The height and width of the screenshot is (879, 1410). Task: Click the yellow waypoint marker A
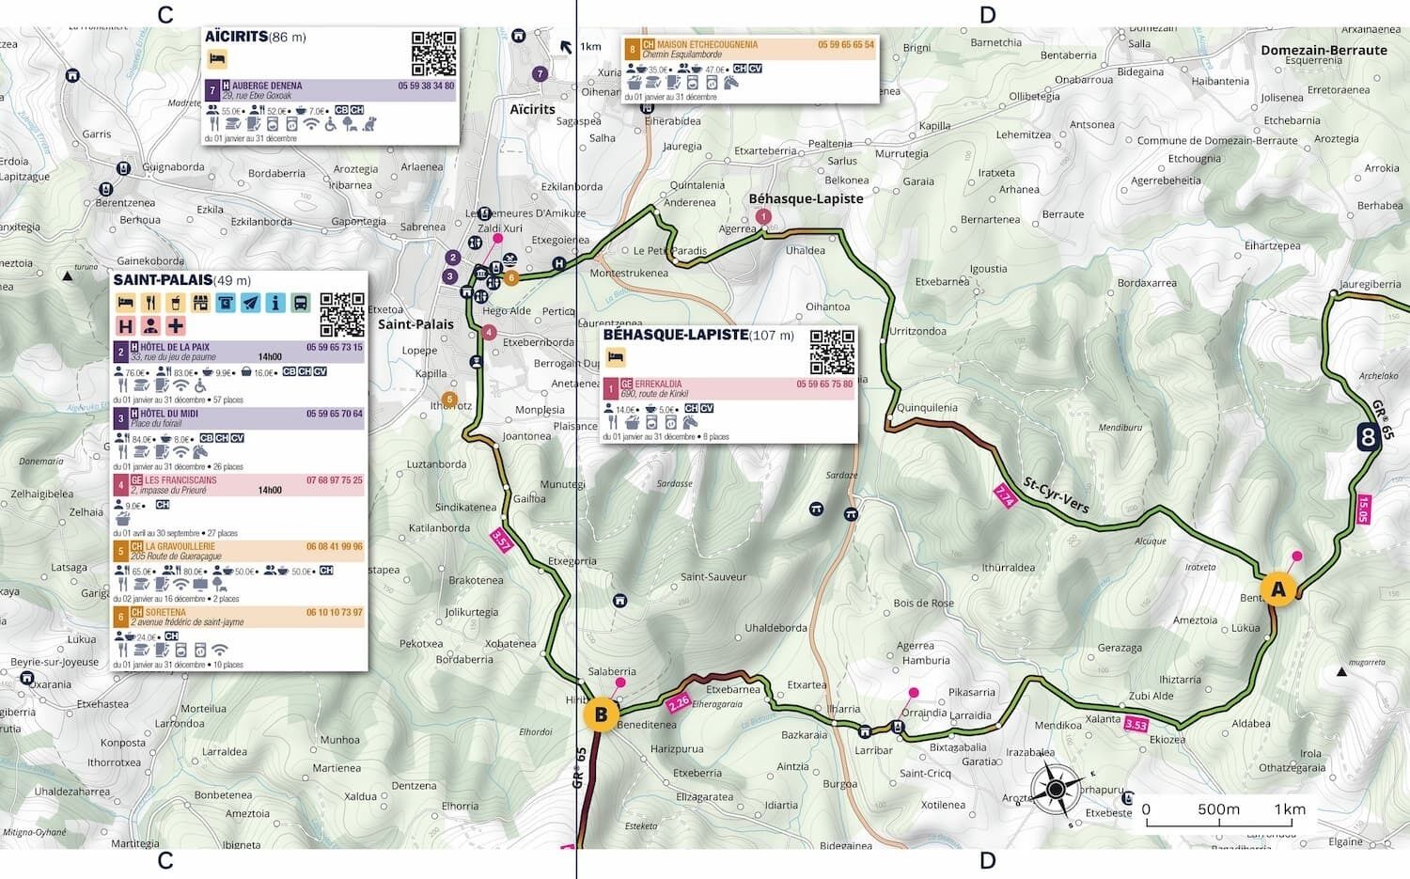click(x=1277, y=589)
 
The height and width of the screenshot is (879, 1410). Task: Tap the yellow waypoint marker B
click(x=601, y=714)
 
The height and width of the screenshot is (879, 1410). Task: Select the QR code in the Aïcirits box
click(x=433, y=54)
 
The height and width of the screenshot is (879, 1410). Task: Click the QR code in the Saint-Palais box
click(x=342, y=315)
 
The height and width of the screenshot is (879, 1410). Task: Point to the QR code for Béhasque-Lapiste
click(x=832, y=353)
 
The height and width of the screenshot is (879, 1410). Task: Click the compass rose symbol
click(x=1056, y=789)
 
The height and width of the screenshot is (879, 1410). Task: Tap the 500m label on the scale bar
click(x=1218, y=809)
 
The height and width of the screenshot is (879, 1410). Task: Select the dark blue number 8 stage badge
click(x=1368, y=436)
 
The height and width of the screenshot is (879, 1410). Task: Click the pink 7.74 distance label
click(x=1004, y=496)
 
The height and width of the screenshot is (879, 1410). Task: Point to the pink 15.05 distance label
click(x=1363, y=510)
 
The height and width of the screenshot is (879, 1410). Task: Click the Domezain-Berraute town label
click(x=1324, y=50)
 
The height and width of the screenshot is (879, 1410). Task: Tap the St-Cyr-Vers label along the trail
click(x=1056, y=495)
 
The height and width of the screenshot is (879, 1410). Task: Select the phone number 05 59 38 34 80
click(x=426, y=86)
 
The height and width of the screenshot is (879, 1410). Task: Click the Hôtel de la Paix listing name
click(x=175, y=347)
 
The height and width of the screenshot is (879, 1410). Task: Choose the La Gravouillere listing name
click(x=180, y=546)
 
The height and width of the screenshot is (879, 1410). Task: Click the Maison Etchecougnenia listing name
click(x=707, y=44)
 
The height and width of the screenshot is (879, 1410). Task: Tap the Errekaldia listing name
click(x=658, y=384)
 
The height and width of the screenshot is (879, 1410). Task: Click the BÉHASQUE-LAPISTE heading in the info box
click(x=675, y=335)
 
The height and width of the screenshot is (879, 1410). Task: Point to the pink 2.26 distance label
click(x=679, y=701)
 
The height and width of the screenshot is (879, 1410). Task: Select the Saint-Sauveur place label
click(x=713, y=577)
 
